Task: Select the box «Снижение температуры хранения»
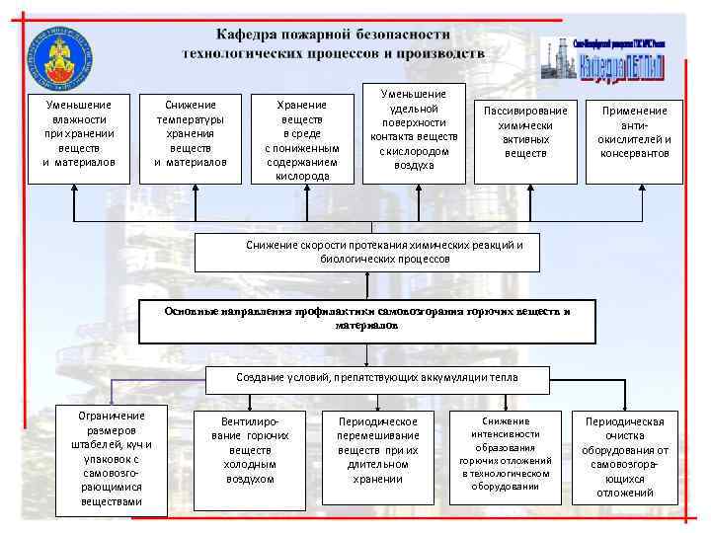[191, 133]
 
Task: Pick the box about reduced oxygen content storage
[302, 139]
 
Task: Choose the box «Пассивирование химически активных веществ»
[524, 132]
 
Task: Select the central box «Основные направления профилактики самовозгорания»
[367, 318]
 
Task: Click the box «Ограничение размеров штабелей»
[111, 459]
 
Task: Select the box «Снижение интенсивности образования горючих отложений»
[506, 453]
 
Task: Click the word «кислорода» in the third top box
[302, 176]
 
